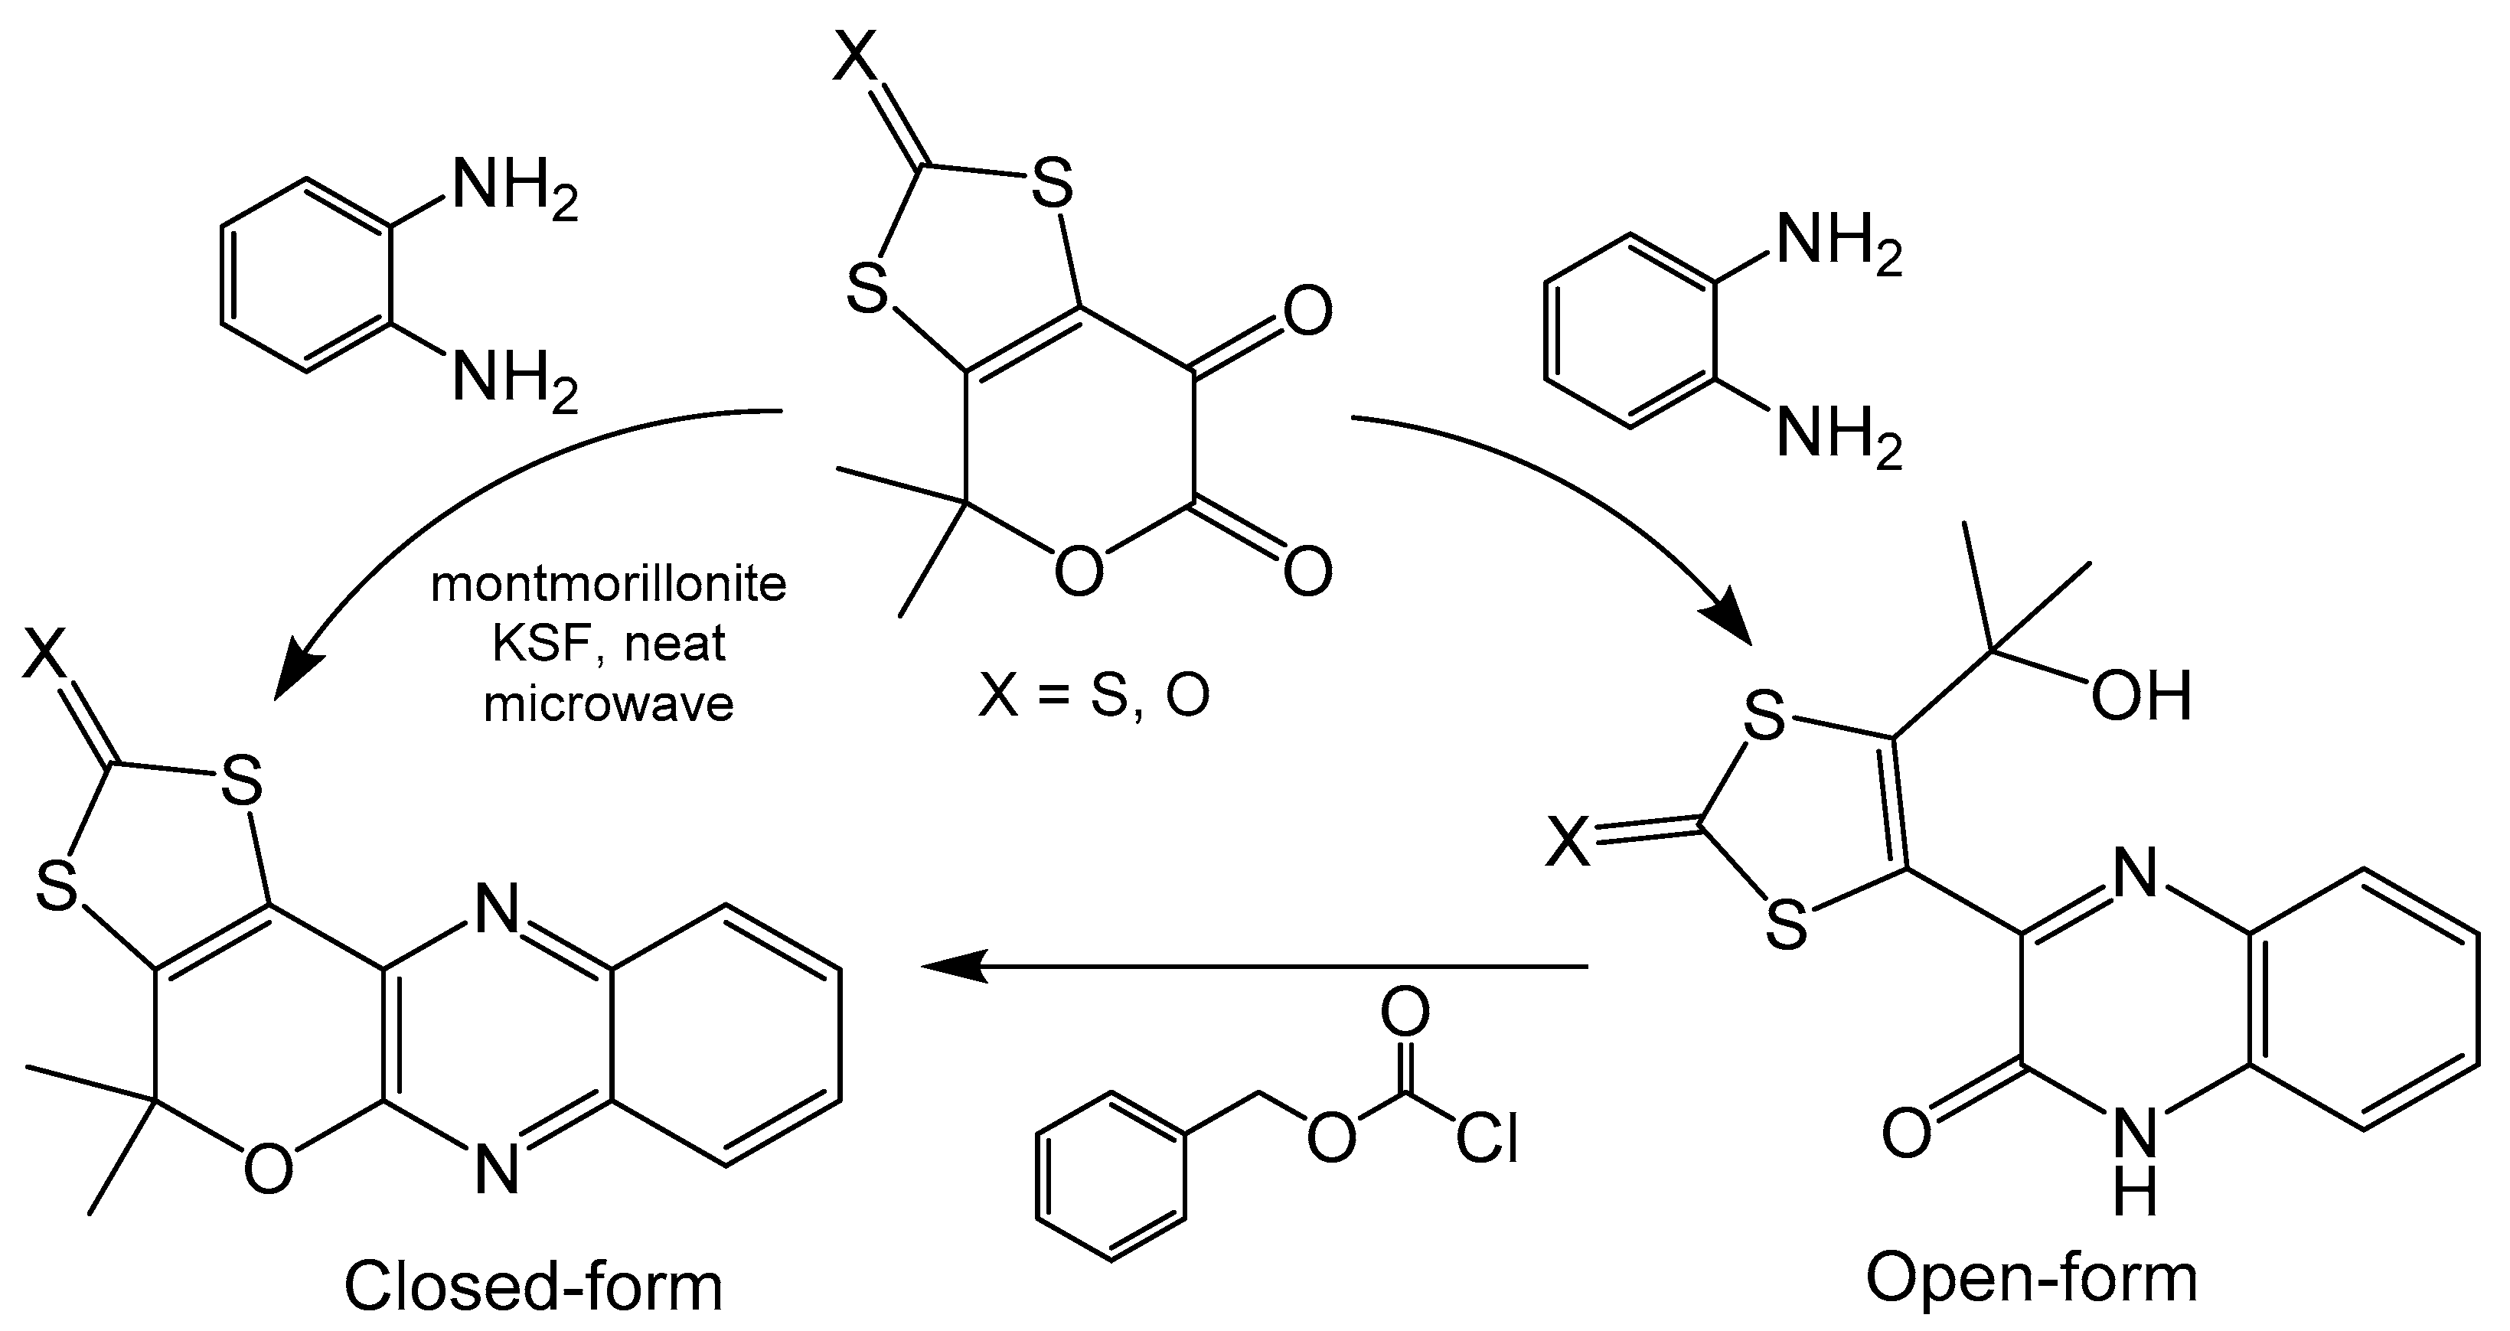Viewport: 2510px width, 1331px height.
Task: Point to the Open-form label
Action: pyautogui.click(x=2032, y=1278)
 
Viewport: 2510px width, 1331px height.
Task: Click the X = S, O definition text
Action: pyautogui.click(x=1093, y=696)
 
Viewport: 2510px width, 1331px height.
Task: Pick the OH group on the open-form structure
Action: pyautogui.click(x=2141, y=696)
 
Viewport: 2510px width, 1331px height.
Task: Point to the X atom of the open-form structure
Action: pyautogui.click(x=1568, y=843)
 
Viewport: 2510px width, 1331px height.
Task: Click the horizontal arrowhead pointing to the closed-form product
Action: pyautogui.click(x=950, y=967)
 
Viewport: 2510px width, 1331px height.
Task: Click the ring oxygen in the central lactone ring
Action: pyautogui.click(x=1079, y=570)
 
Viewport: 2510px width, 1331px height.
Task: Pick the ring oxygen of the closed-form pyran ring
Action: pyautogui.click(x=268, y=1168)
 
